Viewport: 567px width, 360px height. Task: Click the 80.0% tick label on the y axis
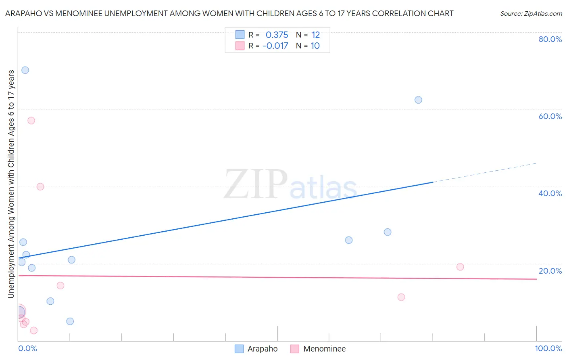click(550, 39)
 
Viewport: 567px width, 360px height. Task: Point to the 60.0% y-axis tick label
click(550, 116)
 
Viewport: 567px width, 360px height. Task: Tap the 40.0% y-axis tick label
click(550, 193)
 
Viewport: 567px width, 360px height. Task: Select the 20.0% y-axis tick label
click(550, 271)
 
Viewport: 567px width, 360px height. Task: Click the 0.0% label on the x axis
click(28, 348)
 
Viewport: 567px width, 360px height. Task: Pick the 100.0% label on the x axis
click(548, 348)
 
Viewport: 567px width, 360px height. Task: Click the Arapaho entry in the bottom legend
click(262, 349)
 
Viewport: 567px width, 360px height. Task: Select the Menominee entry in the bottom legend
click(324, 349)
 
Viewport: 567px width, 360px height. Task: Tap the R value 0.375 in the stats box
click(277, 35)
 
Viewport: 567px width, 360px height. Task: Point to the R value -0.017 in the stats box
click(275, 46)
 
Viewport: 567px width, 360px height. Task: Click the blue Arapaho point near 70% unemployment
click(25, 70)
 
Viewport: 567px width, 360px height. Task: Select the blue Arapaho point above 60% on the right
click(418, 100)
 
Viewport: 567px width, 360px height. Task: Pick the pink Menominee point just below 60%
click(31, 120)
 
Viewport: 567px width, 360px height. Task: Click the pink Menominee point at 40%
click(40, 186)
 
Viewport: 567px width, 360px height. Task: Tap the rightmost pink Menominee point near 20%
click(460, 267)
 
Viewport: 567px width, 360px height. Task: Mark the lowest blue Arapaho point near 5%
click(70, 321)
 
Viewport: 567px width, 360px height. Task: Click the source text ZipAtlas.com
click(531, 14)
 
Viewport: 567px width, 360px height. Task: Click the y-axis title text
click(11, 184)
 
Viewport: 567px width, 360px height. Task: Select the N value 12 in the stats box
click(315, 35)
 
